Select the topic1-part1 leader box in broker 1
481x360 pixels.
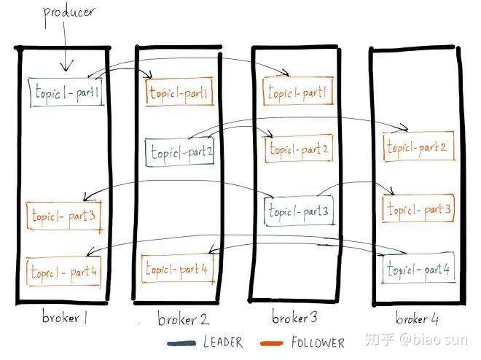point(66,93)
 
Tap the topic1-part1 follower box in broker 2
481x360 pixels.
point(179,93)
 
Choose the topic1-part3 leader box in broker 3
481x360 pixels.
point(299,211)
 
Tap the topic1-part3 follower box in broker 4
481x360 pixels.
point(419,209)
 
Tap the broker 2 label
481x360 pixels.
point(182,319)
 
